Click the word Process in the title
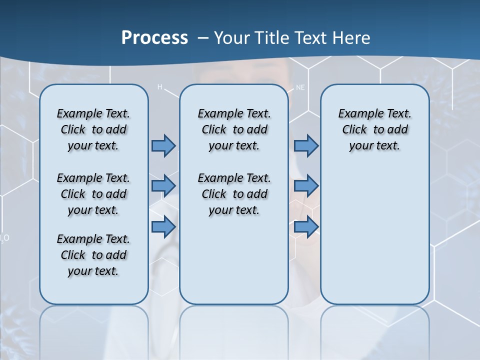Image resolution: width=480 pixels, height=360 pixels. [154, 38]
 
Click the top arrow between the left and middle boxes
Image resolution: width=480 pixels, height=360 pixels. [163, 146]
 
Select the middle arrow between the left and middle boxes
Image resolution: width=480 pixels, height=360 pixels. [163, 186]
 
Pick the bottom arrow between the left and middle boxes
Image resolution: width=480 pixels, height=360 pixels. [163, 226]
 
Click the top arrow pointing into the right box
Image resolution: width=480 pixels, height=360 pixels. [306, 146]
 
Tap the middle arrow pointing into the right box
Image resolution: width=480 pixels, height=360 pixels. [306, 186]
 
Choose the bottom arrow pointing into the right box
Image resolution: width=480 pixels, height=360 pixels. [306, 226]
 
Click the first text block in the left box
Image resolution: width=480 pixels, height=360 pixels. [93, 129]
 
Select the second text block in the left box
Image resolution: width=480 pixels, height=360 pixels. [93, 194]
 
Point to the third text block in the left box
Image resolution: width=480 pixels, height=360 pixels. [93, 255]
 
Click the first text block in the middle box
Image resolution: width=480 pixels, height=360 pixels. [234, 129]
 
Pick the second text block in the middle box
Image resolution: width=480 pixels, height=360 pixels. [234, 194]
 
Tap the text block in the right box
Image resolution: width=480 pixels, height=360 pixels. [374, 129]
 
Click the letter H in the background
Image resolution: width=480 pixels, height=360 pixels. [160, 87]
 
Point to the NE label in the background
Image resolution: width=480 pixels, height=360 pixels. [300, 87]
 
